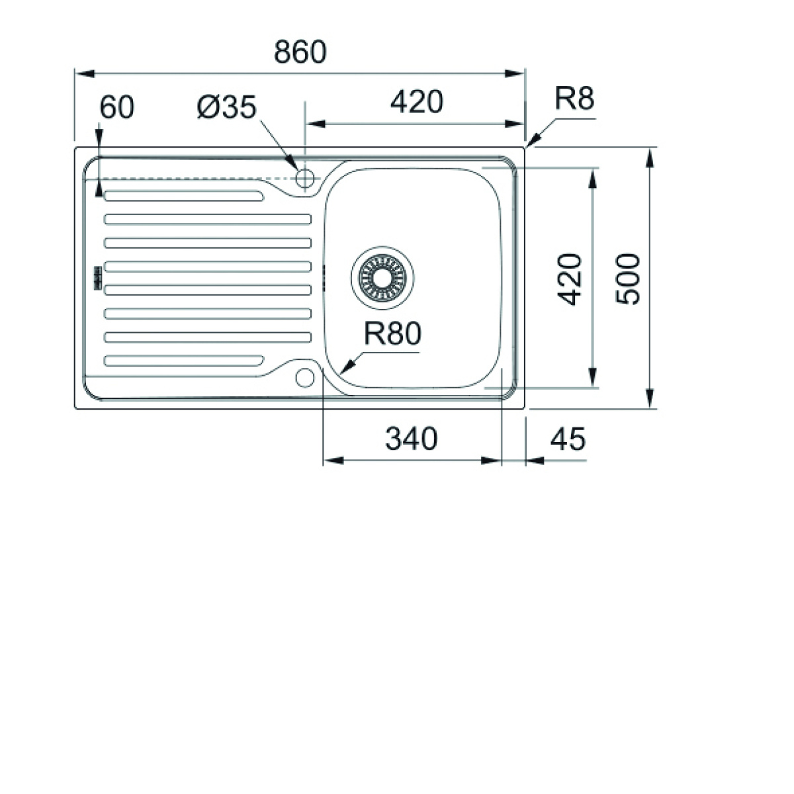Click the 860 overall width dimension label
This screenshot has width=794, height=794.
(x=300, y=52)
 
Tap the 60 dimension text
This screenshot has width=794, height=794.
(x=117, y=107)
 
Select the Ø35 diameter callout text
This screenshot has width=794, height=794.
(x=227, y=107)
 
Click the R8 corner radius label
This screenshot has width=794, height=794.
(x=574, y=99)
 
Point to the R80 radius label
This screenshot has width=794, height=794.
(x=392, y=333)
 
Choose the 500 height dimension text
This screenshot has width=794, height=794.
(x=627, y=279)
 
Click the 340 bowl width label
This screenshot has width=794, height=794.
(x=411, y=439)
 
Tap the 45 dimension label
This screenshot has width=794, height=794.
(x=568, y=439)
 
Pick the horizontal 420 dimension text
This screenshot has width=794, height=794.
(x=417, y=102)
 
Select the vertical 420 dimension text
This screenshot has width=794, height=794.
(x=569, y=279)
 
